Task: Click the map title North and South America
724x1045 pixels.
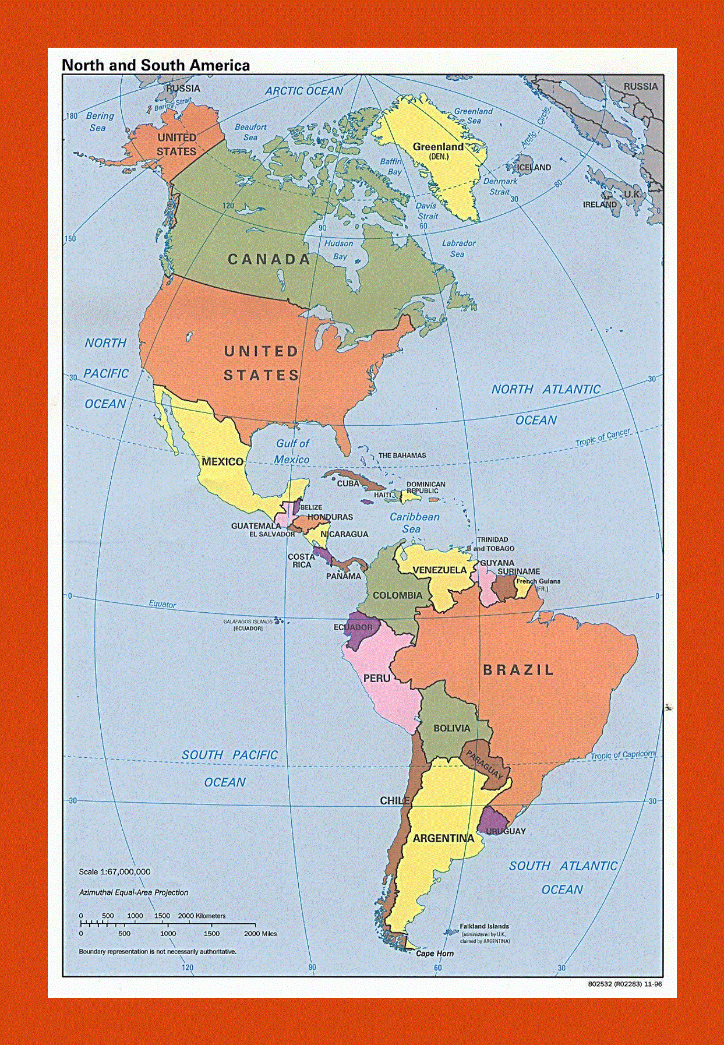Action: [x=156, y=65]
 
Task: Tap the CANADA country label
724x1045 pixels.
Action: [x=269, y=259]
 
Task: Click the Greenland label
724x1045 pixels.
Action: [x=438, y=147]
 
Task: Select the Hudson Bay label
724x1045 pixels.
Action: [x=339, y=249]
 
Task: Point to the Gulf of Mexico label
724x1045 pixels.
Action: [x=292, y=451]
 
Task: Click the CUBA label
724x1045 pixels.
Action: [x=348, y=483]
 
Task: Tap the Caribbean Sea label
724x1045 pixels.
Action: [x=414, y=522]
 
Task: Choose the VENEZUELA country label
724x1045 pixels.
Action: [x=440, y=570]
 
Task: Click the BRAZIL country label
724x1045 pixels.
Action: [x=518, y=670]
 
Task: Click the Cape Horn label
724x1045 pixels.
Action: [x=435, y=954]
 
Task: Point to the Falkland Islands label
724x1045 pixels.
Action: [x=484, y=926]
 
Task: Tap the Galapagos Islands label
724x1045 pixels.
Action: [x=248, y=622]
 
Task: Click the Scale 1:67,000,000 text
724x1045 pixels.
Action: [x=115, y=872]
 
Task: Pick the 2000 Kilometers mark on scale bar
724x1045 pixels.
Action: [x=202, y=916]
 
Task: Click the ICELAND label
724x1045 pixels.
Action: [x=534, y=167]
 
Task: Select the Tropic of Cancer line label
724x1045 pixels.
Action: [x=603, y=437]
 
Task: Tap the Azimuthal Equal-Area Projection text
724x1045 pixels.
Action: [x=133, y=892]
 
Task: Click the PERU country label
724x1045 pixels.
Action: [x=377, y=679]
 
